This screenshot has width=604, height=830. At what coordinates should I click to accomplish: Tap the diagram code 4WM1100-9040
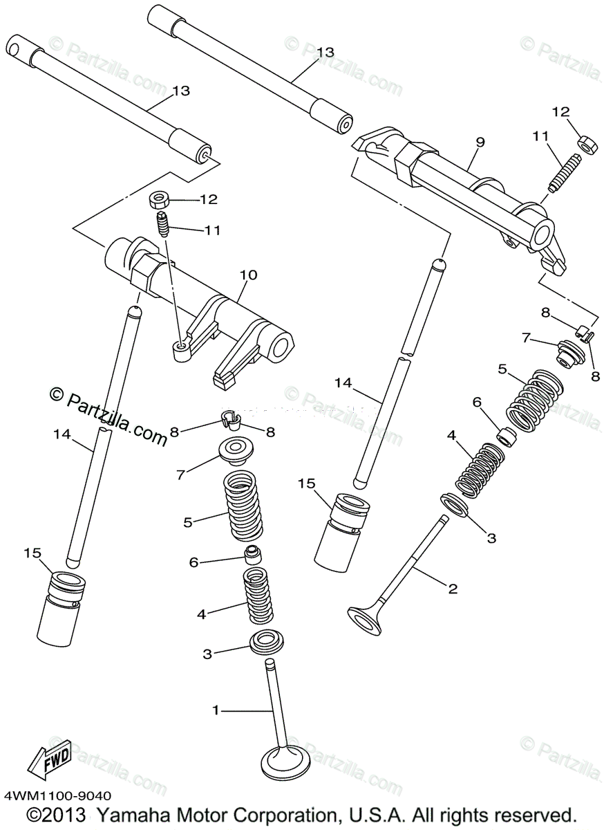57,797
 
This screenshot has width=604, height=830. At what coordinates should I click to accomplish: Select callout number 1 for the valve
216,710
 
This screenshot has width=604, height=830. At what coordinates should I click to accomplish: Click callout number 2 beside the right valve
453,589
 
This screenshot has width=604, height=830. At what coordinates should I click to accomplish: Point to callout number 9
480,142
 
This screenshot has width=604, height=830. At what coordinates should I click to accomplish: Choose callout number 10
249,275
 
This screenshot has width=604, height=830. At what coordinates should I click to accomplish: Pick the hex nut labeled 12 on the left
160,201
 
